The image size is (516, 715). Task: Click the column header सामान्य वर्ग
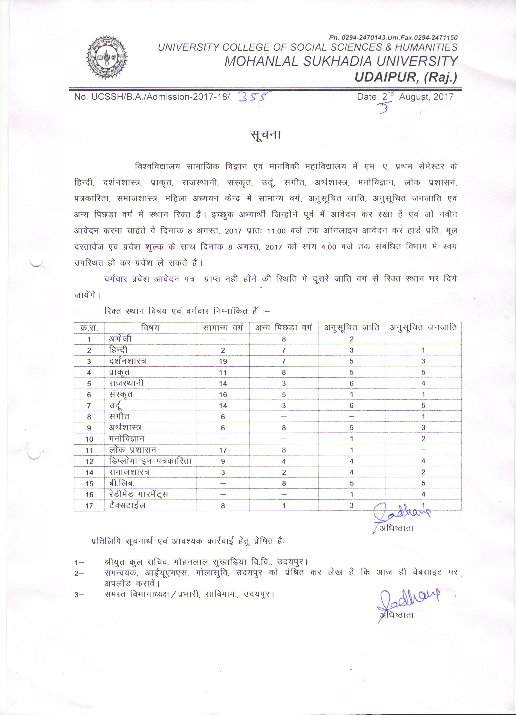click(x=223, y=328)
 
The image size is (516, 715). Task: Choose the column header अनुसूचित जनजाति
click(x=423, y=328)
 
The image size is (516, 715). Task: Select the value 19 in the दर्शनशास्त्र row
click(x=223, y=361)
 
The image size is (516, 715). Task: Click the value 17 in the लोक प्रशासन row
click(x=223, y=450)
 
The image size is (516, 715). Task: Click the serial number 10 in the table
click(x=89, y=439)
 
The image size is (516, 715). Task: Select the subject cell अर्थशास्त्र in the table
click(x=125, y=428)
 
